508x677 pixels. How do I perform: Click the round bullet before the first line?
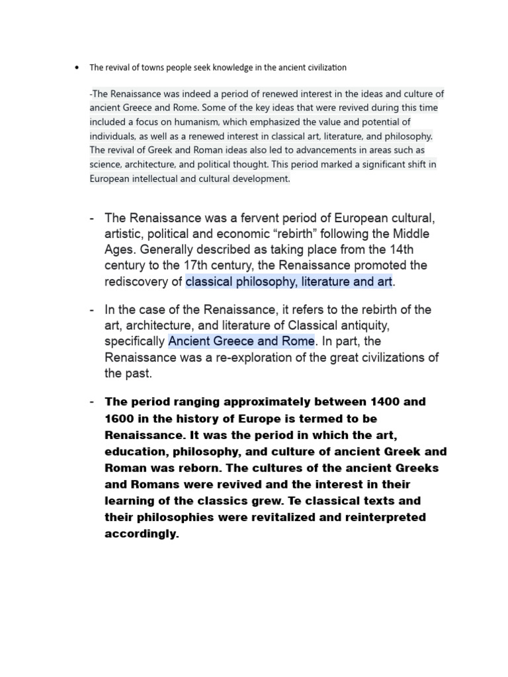click(78, 67)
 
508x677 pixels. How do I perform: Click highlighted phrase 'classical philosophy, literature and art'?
click(289, 282)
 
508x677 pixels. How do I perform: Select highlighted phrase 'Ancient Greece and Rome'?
click(241, 341)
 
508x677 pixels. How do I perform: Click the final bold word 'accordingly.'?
click(142, 534)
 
